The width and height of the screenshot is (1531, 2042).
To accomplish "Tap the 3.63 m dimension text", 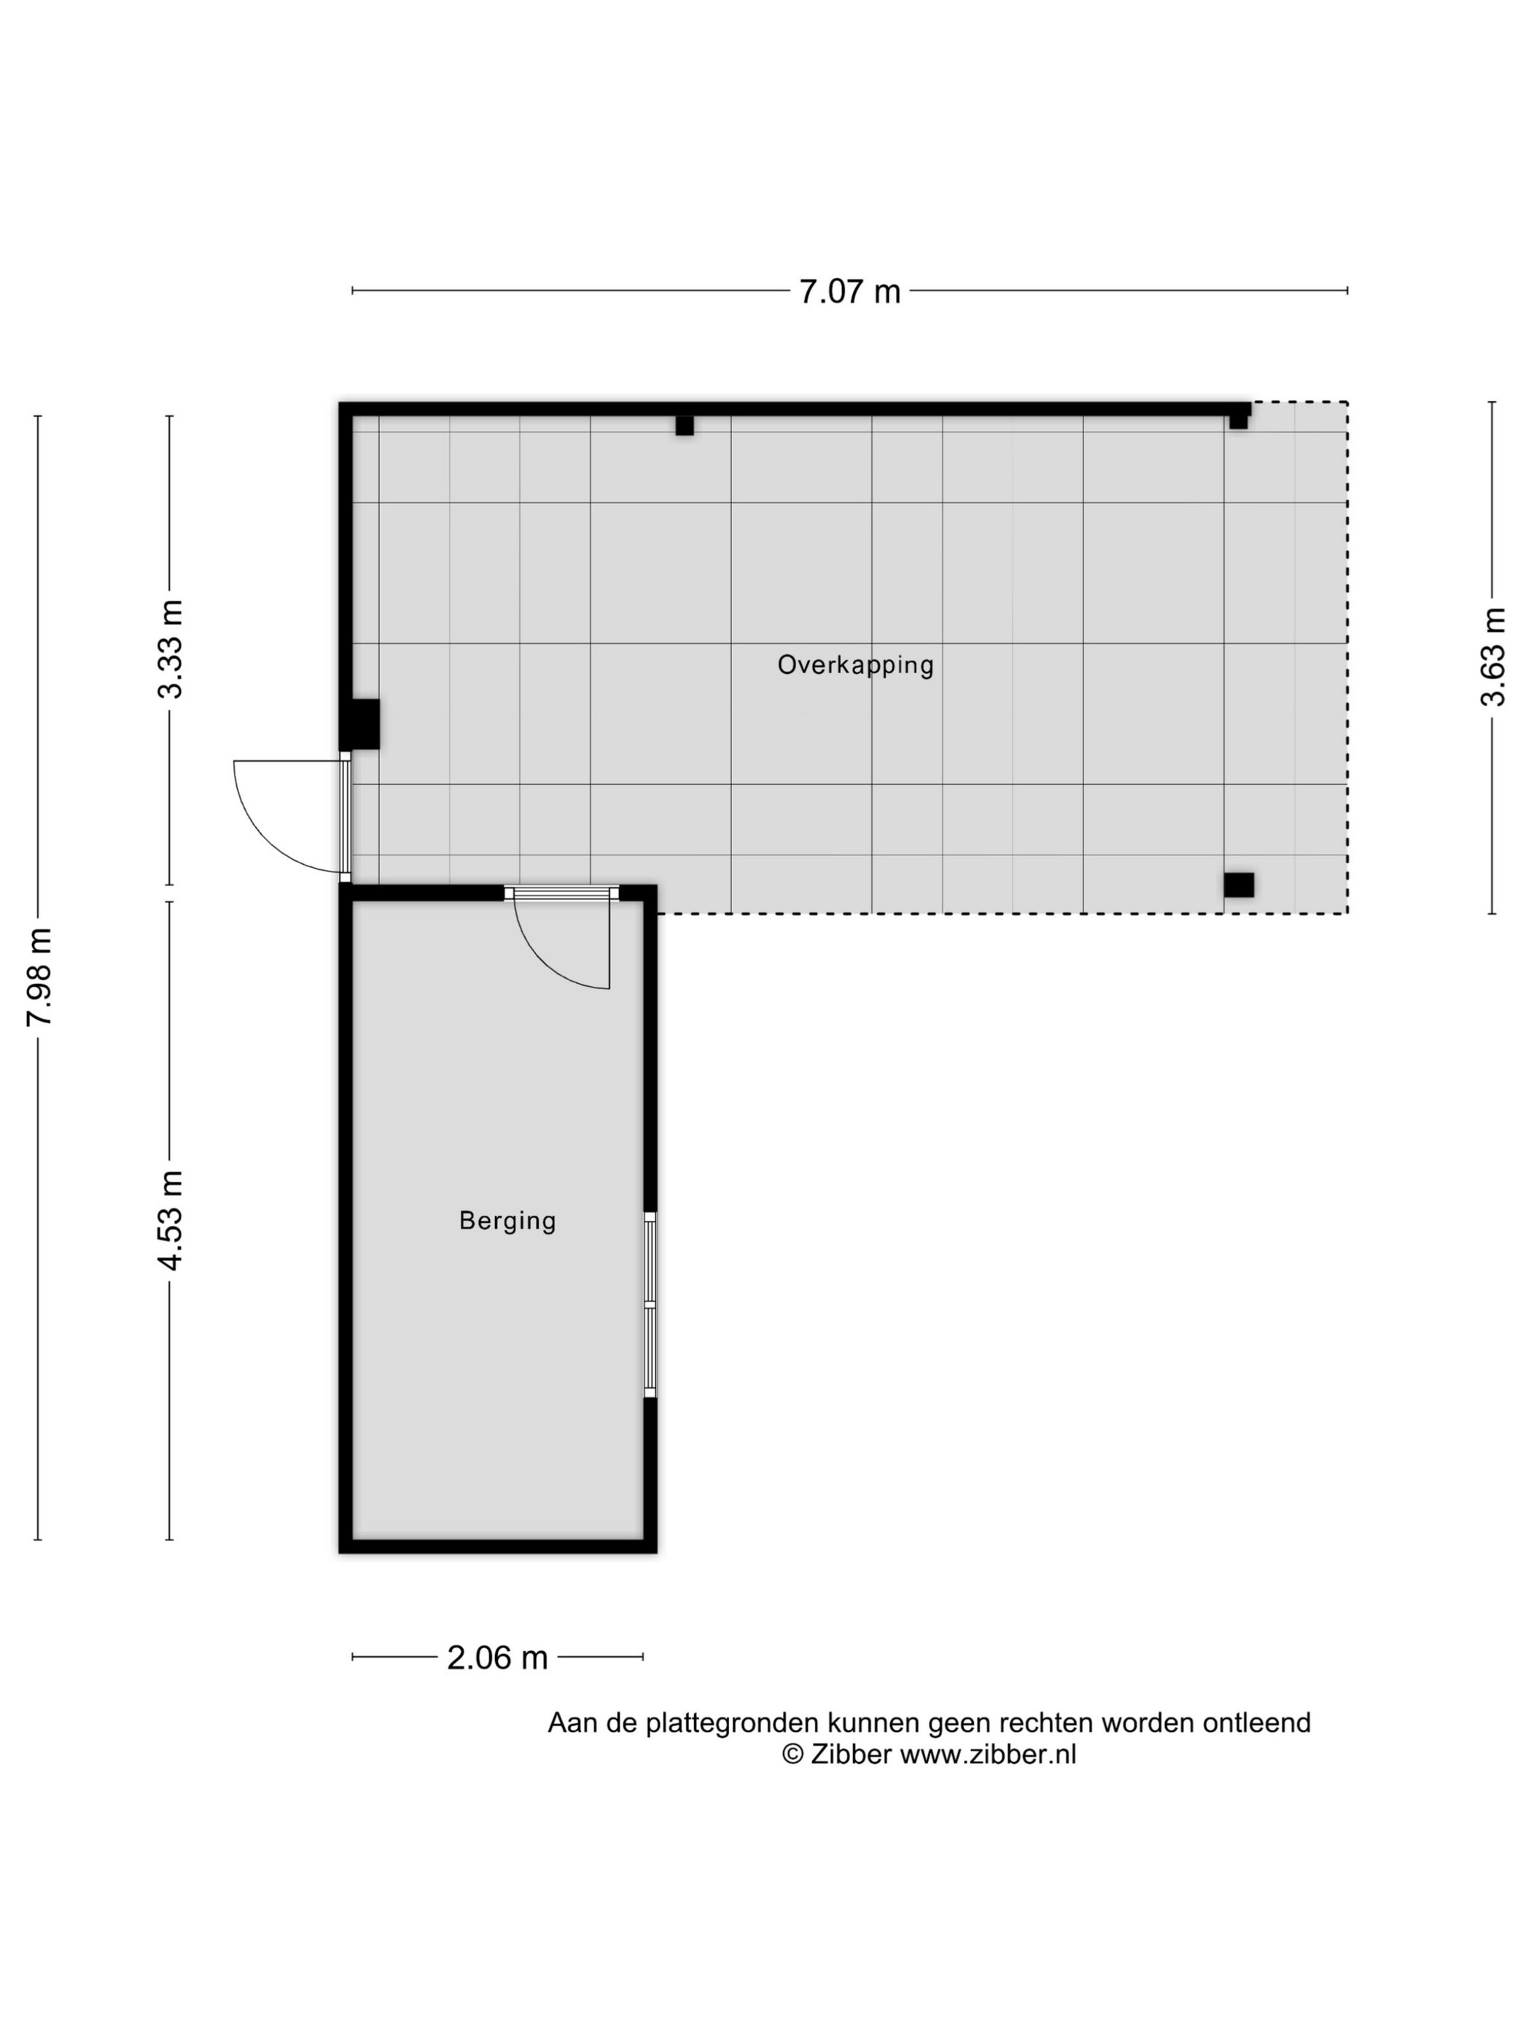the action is click(x=1492, y=657).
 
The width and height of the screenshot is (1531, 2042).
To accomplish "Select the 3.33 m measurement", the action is click(x=171, y=648).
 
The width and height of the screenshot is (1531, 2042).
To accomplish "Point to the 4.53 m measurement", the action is click(x=171, y=1220).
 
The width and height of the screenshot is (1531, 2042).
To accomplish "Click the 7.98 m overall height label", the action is click(x=39, y=977).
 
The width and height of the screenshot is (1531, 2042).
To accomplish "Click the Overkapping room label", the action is click(x=855, y=664).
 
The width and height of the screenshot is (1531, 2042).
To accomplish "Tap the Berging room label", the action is click(x=507, y=1220).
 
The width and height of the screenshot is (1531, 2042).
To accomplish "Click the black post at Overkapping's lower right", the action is click(x=1239, y=885).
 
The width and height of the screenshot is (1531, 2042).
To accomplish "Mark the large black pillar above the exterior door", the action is click(x=361, y=723).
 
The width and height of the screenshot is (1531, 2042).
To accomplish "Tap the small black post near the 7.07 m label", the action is click(x=684, y=426).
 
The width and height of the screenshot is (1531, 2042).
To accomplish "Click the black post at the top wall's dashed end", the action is click(x=1239, y=421).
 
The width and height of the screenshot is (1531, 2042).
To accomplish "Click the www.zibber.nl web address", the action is click(x=987, y=1754).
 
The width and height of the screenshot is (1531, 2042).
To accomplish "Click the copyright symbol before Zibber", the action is click(x=792, y=1754).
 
